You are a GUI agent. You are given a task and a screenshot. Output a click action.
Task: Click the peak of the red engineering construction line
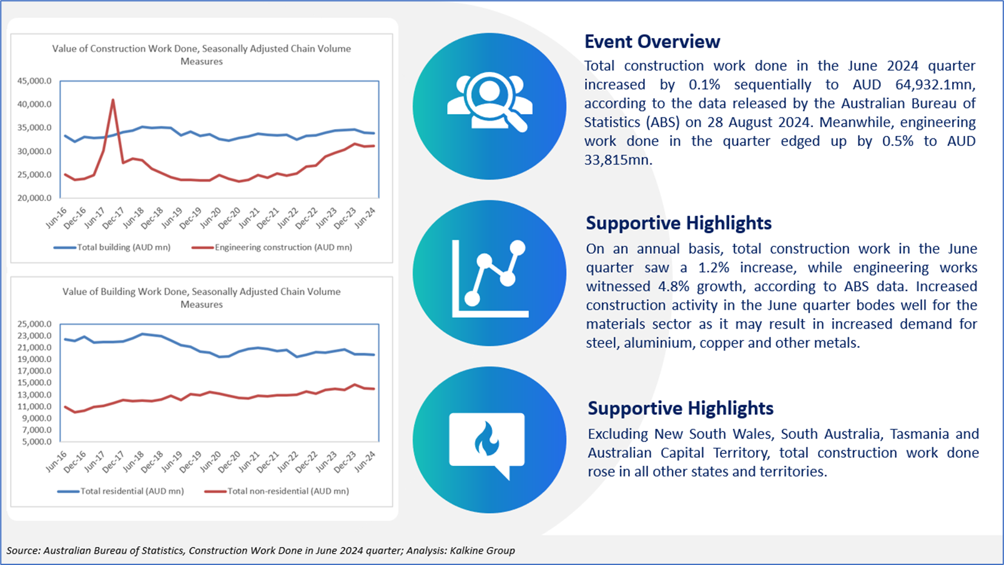(113, 100)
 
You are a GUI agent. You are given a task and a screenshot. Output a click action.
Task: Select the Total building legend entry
(112, 247)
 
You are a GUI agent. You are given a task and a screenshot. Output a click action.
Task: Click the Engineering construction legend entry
(272, 247)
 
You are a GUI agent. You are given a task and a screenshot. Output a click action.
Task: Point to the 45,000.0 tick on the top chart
(34, 81)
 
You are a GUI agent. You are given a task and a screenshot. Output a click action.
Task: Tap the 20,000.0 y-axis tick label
(34, 198)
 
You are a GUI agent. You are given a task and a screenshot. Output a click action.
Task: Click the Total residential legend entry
(121, 491)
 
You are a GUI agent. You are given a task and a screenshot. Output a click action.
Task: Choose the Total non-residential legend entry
(277, 491)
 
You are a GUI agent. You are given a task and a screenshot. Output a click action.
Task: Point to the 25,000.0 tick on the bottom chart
(34, 324)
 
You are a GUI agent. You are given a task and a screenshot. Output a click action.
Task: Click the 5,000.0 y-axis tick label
(37, 442)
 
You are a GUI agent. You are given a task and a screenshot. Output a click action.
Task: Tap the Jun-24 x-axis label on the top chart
(365, 218)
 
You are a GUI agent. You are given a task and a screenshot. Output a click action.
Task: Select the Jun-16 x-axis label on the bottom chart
(56, 461)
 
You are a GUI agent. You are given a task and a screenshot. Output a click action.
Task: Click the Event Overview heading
(652, 42)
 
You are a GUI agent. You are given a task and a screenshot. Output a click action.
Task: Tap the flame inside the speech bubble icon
(486, 439)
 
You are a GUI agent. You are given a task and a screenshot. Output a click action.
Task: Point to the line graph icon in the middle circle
(490, 279)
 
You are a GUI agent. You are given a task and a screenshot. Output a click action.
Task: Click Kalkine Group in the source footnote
(482, 550)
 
